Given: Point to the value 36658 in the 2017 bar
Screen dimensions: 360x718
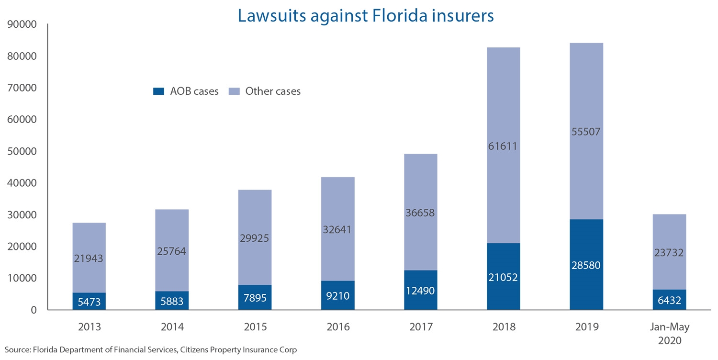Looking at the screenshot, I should [420, 213].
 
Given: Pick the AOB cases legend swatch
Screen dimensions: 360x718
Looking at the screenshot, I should [158, 91].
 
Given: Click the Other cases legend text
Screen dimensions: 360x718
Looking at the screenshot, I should [273, 91].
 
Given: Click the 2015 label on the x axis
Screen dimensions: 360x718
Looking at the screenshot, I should [255, 327].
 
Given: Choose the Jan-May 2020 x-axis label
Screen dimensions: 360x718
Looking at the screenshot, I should [669, 333].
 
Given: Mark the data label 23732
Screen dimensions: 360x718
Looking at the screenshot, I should [669, 253].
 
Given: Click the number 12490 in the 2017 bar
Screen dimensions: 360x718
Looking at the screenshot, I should [420, 290].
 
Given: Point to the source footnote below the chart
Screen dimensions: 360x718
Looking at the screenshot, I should [151, 350].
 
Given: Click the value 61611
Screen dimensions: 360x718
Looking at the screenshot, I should [504, 146].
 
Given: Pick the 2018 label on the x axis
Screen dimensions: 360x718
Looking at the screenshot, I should [504, 327].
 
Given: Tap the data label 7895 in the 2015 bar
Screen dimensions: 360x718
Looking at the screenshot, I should [255, 298].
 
